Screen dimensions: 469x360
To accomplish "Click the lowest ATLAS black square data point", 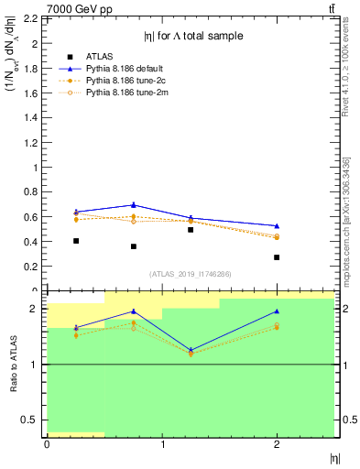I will pos(277,257).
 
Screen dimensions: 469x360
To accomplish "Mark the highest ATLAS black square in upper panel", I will pos(191,229).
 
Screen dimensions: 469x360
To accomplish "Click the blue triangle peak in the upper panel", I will pos(134,204).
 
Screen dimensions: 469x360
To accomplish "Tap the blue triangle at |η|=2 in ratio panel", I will pos(277,311).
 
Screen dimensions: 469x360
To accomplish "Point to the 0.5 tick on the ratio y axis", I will pos(30,420).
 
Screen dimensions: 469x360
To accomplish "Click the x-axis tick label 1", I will pos(162,444).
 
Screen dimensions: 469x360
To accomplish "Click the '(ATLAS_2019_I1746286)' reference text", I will pos(191,274).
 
